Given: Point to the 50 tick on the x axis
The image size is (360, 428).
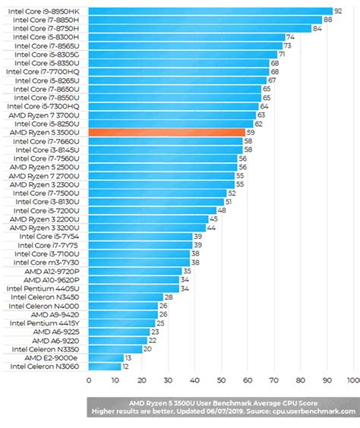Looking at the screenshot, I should tap(221, 380).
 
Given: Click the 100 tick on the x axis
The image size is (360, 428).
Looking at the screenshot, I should tap(352, 380).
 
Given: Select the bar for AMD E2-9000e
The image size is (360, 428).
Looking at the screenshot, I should tap(106, 357).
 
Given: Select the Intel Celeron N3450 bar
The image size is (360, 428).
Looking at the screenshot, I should tap(125, 297).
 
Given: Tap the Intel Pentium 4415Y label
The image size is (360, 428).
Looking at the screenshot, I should tap(47, 323).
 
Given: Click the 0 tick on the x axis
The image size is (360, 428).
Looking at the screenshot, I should tap(89, 380).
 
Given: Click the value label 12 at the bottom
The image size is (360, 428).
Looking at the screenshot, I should tap(126, 367).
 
